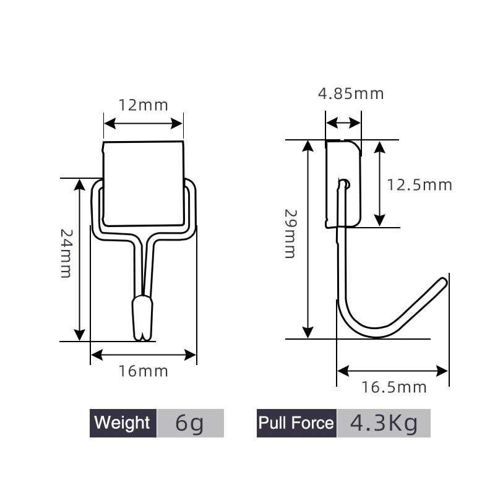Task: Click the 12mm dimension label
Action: [144, 105]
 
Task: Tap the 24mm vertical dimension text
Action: [67, 254]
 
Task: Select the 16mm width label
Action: [144, 371]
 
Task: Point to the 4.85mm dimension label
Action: [351, 94]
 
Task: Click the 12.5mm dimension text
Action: [420, 184]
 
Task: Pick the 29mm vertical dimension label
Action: [290, 235]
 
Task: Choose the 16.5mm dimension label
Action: [394, 387]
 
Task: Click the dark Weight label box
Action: [123, 423]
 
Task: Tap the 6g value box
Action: [190, 423]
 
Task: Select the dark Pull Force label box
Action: [296, 423]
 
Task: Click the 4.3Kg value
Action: [384, 423]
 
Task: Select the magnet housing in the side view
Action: [343, 183]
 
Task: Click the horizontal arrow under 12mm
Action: [144, 123]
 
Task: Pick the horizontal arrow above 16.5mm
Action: [392, 371]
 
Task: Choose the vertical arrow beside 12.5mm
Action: [379, 183]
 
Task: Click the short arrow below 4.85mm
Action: [343, 122]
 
